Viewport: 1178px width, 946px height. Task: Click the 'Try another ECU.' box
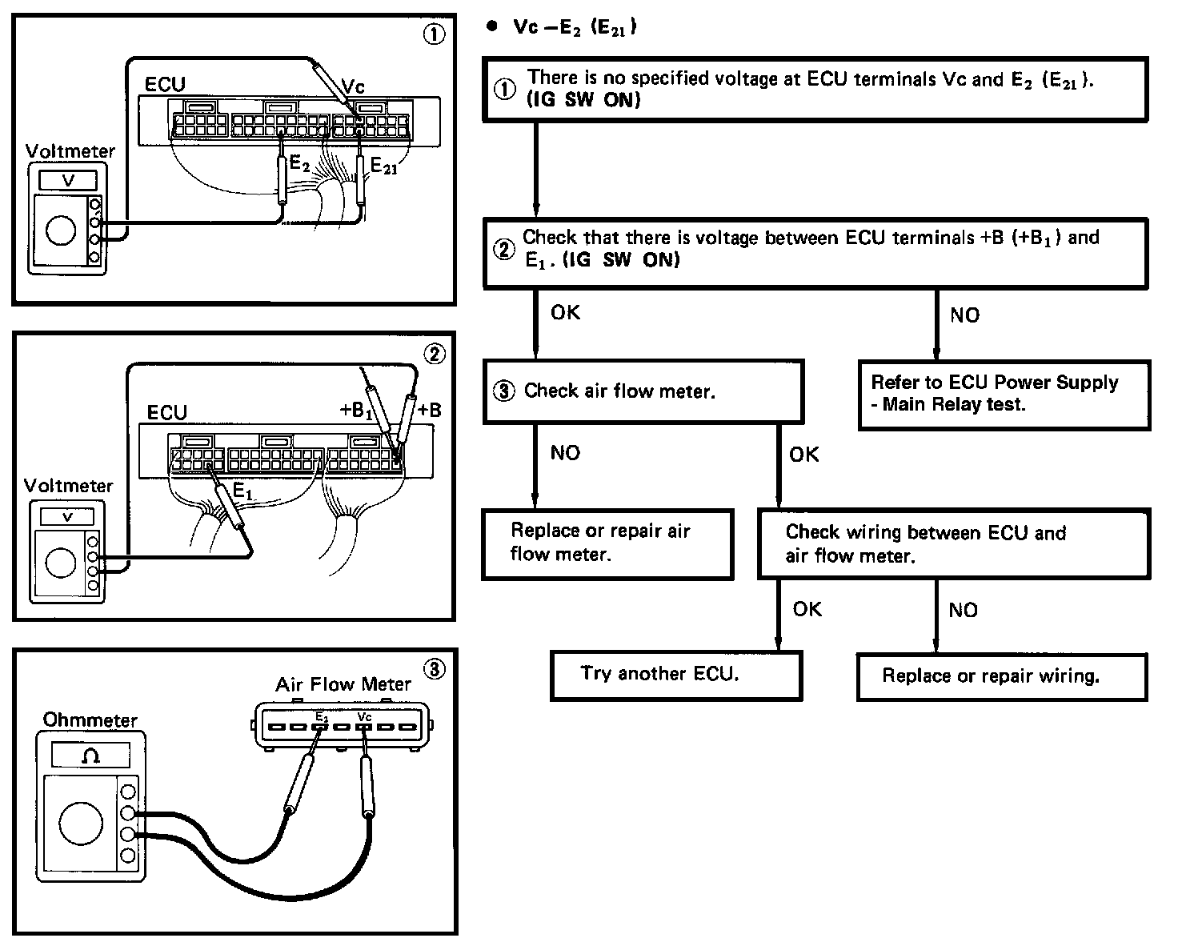[675, 675]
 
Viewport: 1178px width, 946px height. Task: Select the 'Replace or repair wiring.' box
[1002, 677]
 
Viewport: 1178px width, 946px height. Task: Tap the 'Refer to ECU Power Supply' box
[1004, 395]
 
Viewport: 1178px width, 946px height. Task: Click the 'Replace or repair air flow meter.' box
[607, 543]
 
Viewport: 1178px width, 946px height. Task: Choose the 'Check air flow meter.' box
[642, 391]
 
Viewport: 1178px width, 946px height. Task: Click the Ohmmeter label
[90, 720]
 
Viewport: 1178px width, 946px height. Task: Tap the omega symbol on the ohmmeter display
[90, 756]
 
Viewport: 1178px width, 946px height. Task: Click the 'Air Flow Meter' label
[343, 684]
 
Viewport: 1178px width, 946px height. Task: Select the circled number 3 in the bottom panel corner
[433, 669]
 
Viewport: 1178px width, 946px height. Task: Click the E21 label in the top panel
[383, 166]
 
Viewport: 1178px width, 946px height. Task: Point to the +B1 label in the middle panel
[357, 411]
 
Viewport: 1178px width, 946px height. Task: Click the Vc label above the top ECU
[353, 86]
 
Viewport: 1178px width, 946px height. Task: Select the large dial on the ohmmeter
[81, 822]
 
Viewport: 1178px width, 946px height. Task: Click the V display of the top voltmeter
[68, 180]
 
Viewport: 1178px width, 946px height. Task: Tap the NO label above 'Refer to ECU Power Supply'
[964, 315]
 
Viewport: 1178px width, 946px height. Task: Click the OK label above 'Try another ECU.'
[807, 609]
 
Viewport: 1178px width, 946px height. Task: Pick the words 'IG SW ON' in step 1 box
[584, 101]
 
